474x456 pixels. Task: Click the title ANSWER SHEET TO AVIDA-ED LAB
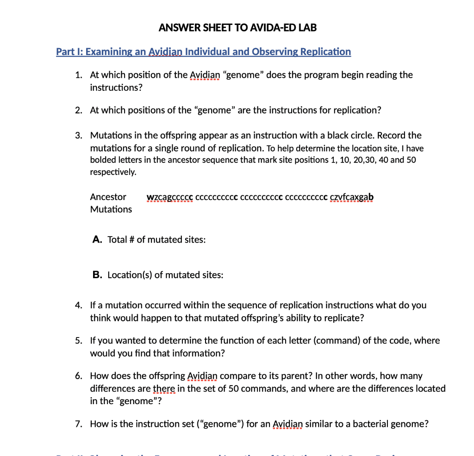[237, 27]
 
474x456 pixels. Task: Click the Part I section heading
[203, 51]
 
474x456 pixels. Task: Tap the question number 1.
[79, 75]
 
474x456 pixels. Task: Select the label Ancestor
[108, 197]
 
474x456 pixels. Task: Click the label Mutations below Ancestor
[111, 209]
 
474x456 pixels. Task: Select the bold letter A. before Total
[97, 239]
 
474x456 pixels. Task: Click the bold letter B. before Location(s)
[97, 275]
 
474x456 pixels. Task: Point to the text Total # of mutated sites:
[156, 240]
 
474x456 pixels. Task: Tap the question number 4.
[79, 306]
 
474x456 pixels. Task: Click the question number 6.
[79, 376]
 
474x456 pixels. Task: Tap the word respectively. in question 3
[113, 172]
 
